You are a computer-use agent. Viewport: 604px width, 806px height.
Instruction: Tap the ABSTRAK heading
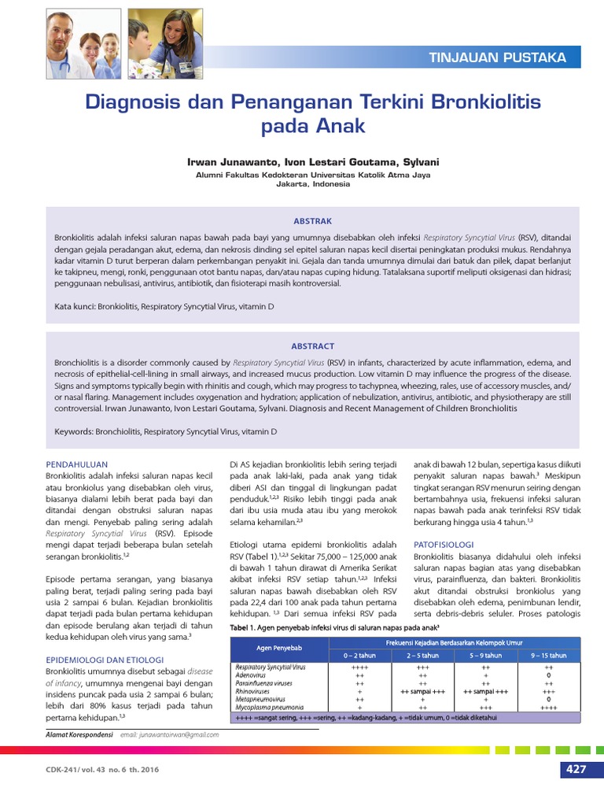pyautogui.click(x=312, y=221)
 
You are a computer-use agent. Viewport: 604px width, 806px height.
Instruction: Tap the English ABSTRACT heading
pyautogui.click(x=312, y=346)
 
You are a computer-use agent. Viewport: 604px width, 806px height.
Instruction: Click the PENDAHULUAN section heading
pyautogui.click(x=76, y=464)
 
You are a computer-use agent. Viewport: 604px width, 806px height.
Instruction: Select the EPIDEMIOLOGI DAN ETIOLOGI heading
pyautogui.click(x=104, y=659)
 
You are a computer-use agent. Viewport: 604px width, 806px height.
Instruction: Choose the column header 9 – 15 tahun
pyautogui.click(x=548, y=655)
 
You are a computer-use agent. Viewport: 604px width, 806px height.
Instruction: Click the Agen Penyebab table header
pyautogui.click(x=279, y=648)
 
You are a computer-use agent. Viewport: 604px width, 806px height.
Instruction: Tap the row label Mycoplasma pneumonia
pyautogui.click(x=270, y=707)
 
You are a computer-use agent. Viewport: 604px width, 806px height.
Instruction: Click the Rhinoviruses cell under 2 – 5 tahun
pyautogui.click(x=423, y=691)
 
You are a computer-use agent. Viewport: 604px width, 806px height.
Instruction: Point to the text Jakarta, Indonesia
pyautogui.click(x=312, y=184)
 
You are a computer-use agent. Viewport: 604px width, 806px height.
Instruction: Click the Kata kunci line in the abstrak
pyautogui.click(x=164, y=305)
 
